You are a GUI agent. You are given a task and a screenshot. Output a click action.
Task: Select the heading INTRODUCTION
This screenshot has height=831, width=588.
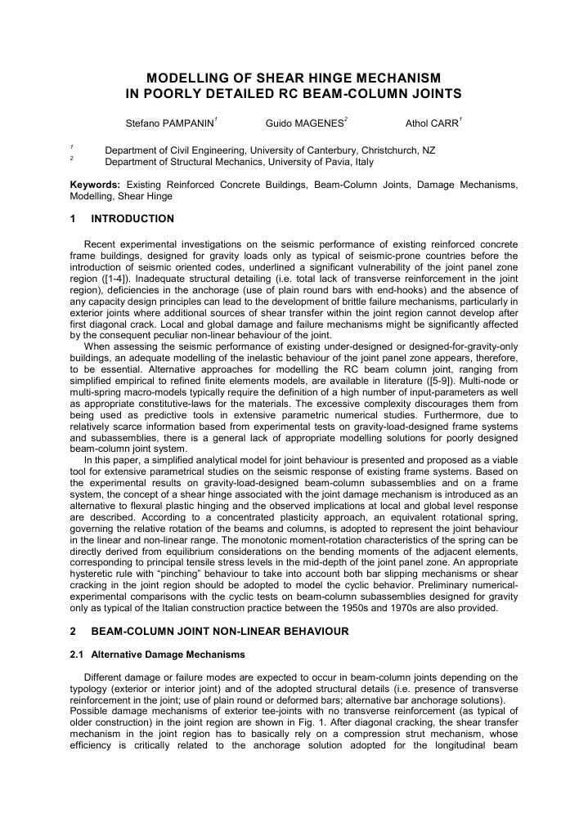(132, 219)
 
